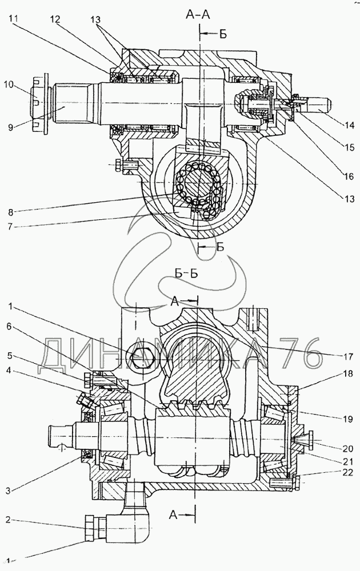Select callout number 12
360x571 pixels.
click(x=55, y=19)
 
